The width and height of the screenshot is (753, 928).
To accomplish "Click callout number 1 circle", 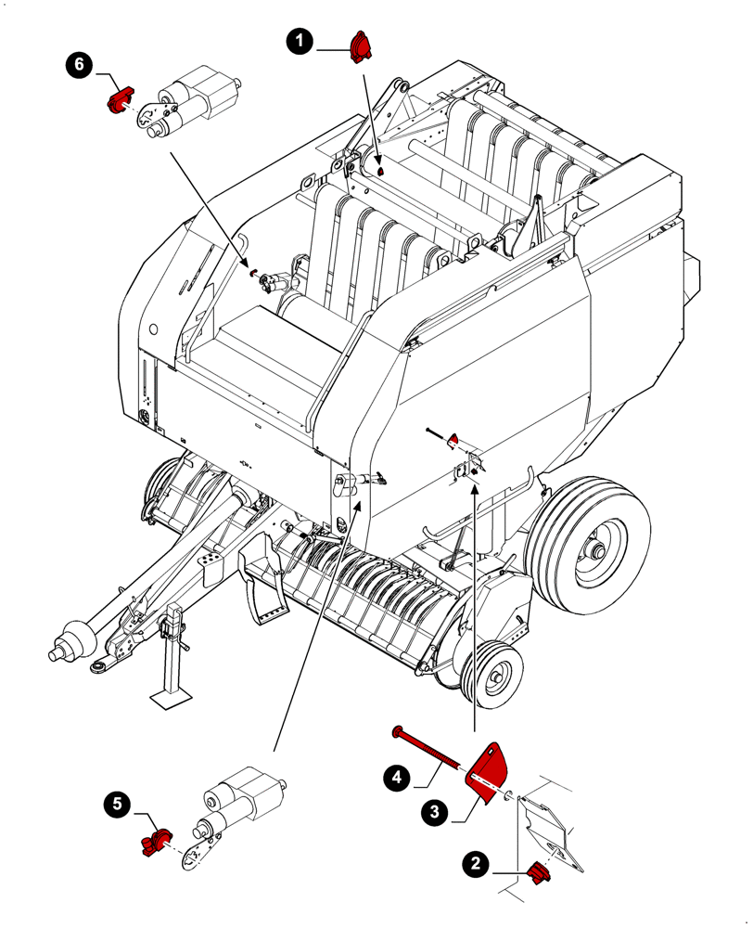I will point(298,40).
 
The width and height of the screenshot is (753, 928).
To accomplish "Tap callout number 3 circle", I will point(432,812).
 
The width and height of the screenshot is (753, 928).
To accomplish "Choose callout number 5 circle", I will point(116,805).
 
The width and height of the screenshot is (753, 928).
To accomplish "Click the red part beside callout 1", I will point(360,46).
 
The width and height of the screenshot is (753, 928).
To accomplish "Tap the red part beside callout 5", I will point(154,842).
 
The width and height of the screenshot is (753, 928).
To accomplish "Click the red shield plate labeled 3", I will point(491,766).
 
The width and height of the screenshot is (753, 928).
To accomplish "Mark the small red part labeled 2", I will point(535,873).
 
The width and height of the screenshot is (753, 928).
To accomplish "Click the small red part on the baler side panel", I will point(453,439).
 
